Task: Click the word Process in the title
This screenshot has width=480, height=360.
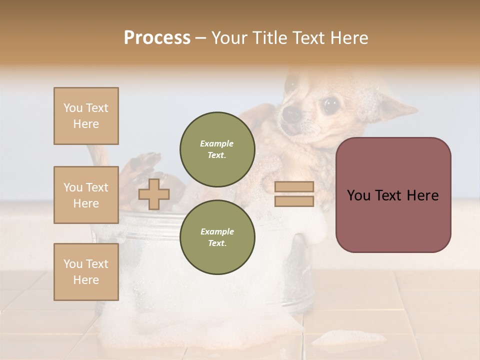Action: click(157, 37)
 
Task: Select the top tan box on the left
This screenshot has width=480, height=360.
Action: click(86, 116)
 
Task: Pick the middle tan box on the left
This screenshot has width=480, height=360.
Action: click(86, 195)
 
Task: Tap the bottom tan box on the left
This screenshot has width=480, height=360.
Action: click(86, 271)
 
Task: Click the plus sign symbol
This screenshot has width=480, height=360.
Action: click(154, 194)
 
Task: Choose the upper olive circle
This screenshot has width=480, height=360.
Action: click(217, 149)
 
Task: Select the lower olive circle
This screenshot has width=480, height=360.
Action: click(217, 237)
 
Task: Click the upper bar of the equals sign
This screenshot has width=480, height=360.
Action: click(294, 186)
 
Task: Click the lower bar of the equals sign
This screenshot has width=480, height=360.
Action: click(294, 201)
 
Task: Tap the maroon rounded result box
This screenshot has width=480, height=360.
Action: click(393, 195)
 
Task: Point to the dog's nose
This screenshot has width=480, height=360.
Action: click(292, 113)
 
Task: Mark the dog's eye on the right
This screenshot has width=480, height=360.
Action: click(330, 105)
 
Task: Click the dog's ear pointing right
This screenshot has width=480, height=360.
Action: click(397, 107)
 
